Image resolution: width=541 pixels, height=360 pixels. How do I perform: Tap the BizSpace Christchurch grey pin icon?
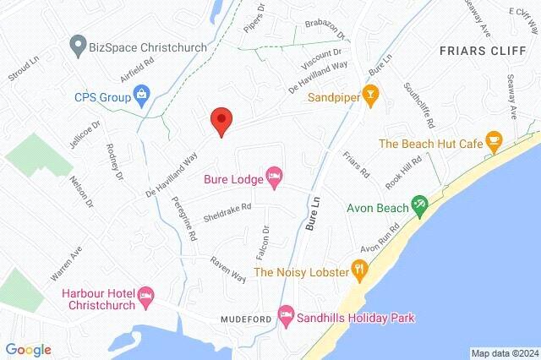(x=79, y=43)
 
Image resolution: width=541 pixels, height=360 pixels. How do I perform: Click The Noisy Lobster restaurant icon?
(x=360, y=271)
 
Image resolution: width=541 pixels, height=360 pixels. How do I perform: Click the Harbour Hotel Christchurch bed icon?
(x=145, y=295)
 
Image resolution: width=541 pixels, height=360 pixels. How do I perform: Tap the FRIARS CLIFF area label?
(x=477, y=50)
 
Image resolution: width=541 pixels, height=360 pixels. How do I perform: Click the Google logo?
(x=28, y=349)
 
